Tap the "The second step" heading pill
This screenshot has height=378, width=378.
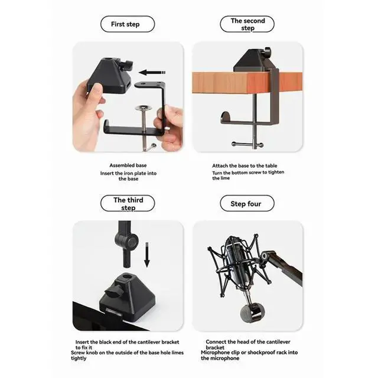pyautogui.click(x=247, y=24)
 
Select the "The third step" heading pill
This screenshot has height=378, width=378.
pyautogui.click(x=128, y=204)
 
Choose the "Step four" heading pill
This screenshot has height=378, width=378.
pyautogui.click(x=247, y=204)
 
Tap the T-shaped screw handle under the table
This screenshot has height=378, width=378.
pyautogui.click(x=248, y=145)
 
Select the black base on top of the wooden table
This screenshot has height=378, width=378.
pyautogui.click(x=252, y=60)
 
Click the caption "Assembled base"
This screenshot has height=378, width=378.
pyautogui.click(x=128, y=165)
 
